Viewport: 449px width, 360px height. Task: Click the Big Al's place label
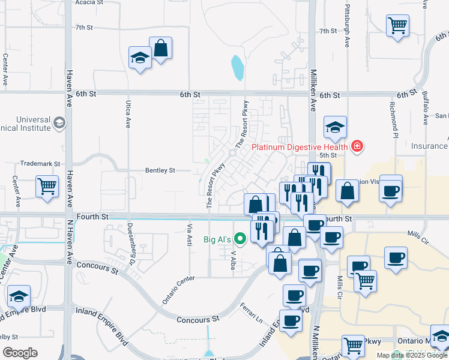(216, 240)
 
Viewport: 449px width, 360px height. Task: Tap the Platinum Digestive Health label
(300, 147)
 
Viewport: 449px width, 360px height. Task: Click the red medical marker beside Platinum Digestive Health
(357, 146)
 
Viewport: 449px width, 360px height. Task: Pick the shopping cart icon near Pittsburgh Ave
(397, 26)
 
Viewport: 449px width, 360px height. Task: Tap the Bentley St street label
(160, 170)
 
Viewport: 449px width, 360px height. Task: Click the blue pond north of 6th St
(238, 68)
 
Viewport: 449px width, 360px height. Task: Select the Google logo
(20, 353)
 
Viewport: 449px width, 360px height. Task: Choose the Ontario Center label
(178, 289)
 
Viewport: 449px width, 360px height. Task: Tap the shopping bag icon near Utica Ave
(161, 48)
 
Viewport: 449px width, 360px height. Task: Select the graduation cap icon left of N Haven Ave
(19, 296)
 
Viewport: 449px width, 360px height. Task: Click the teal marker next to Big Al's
(241, 239)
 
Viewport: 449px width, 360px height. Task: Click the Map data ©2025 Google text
(411, 355)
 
